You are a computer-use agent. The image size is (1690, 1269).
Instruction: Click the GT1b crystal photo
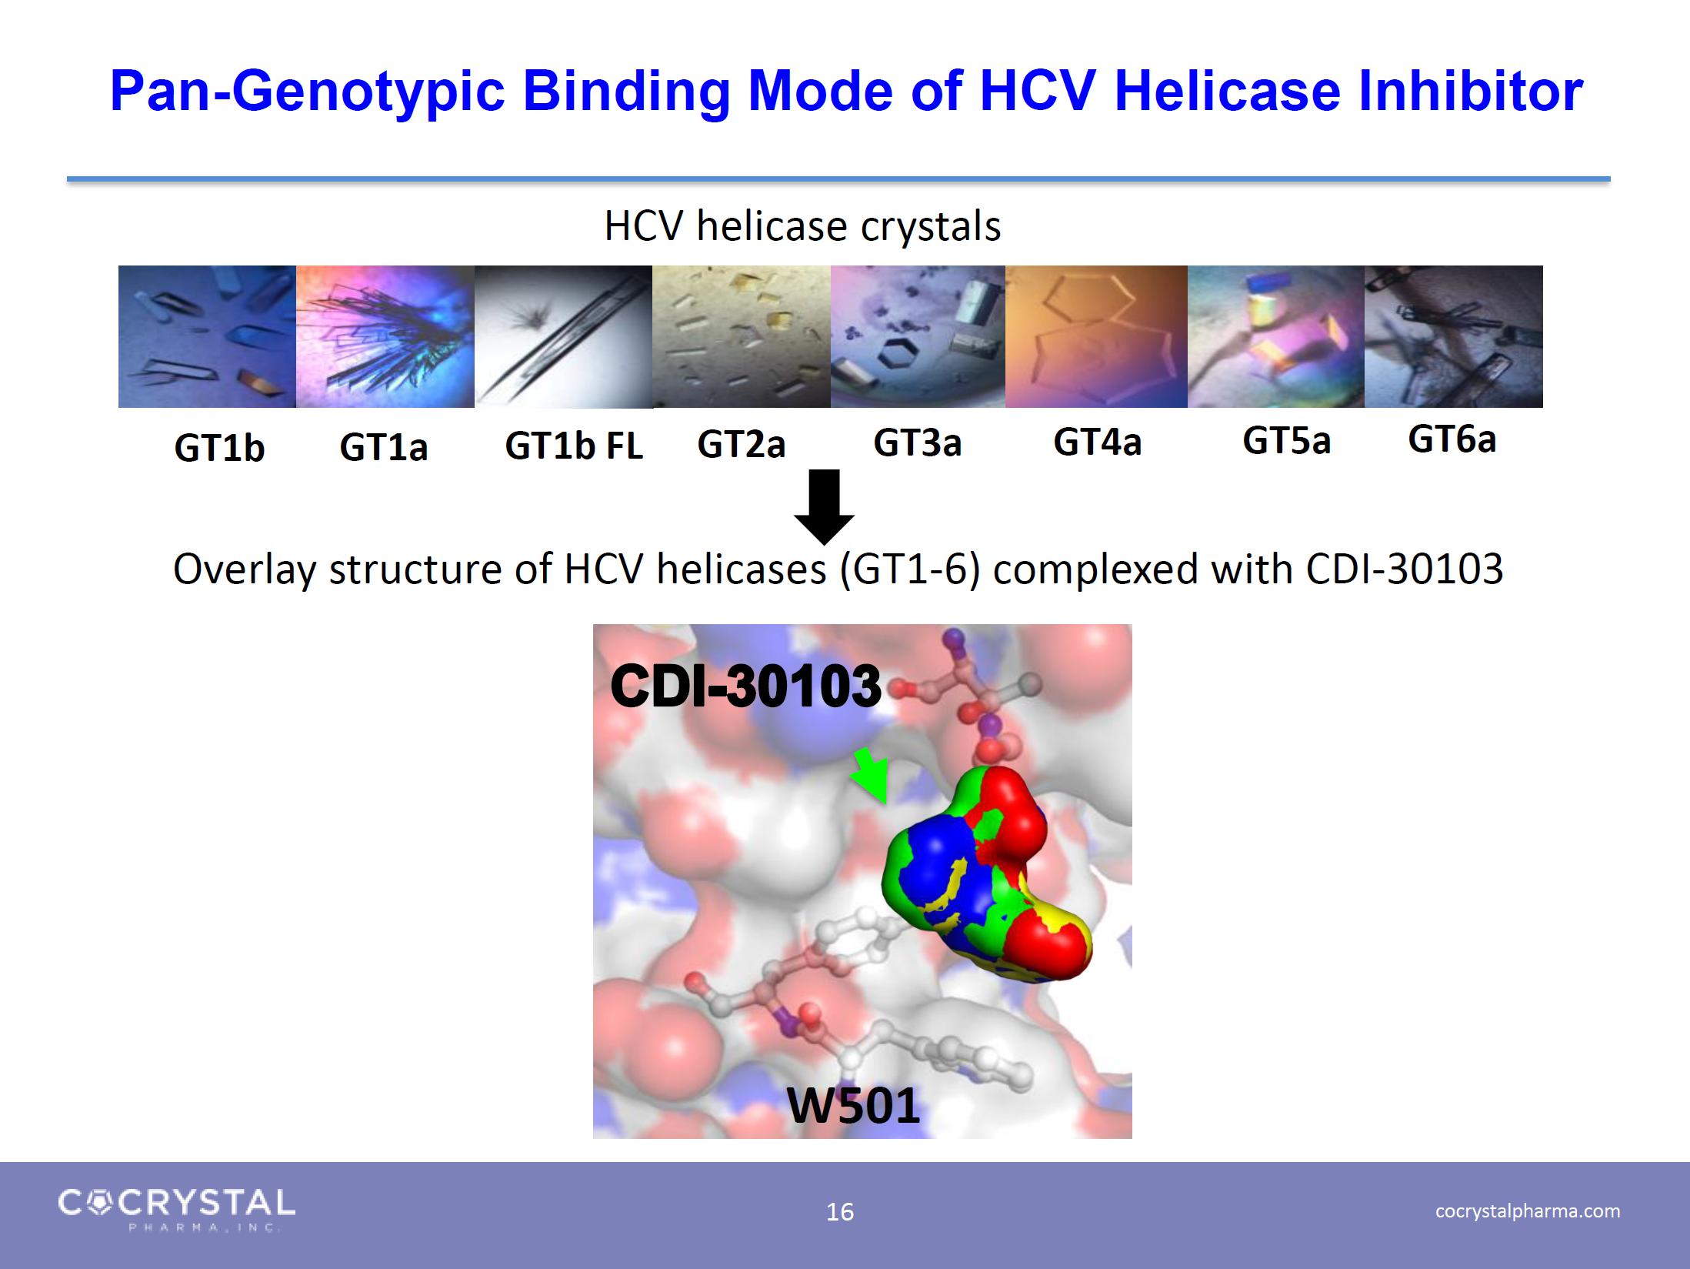207,336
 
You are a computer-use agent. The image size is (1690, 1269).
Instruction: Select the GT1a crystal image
385,336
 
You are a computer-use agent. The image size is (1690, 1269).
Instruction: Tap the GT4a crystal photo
1096,336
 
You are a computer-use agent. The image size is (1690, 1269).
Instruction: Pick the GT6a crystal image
1454,336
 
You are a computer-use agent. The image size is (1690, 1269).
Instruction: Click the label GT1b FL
574,446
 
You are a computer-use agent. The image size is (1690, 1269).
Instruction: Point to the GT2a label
741,444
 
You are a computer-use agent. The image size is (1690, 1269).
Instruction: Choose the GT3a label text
917,442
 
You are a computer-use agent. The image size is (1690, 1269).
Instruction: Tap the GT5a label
1286,440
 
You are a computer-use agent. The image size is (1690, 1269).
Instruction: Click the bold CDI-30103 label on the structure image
745,686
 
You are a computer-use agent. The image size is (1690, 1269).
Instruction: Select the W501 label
853,1106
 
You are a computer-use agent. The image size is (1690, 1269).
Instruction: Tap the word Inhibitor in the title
1471,91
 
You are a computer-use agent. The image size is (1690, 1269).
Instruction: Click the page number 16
840,1212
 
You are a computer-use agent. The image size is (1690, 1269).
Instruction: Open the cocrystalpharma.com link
1528,1211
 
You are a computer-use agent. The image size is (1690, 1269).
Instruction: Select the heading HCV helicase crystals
802,225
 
